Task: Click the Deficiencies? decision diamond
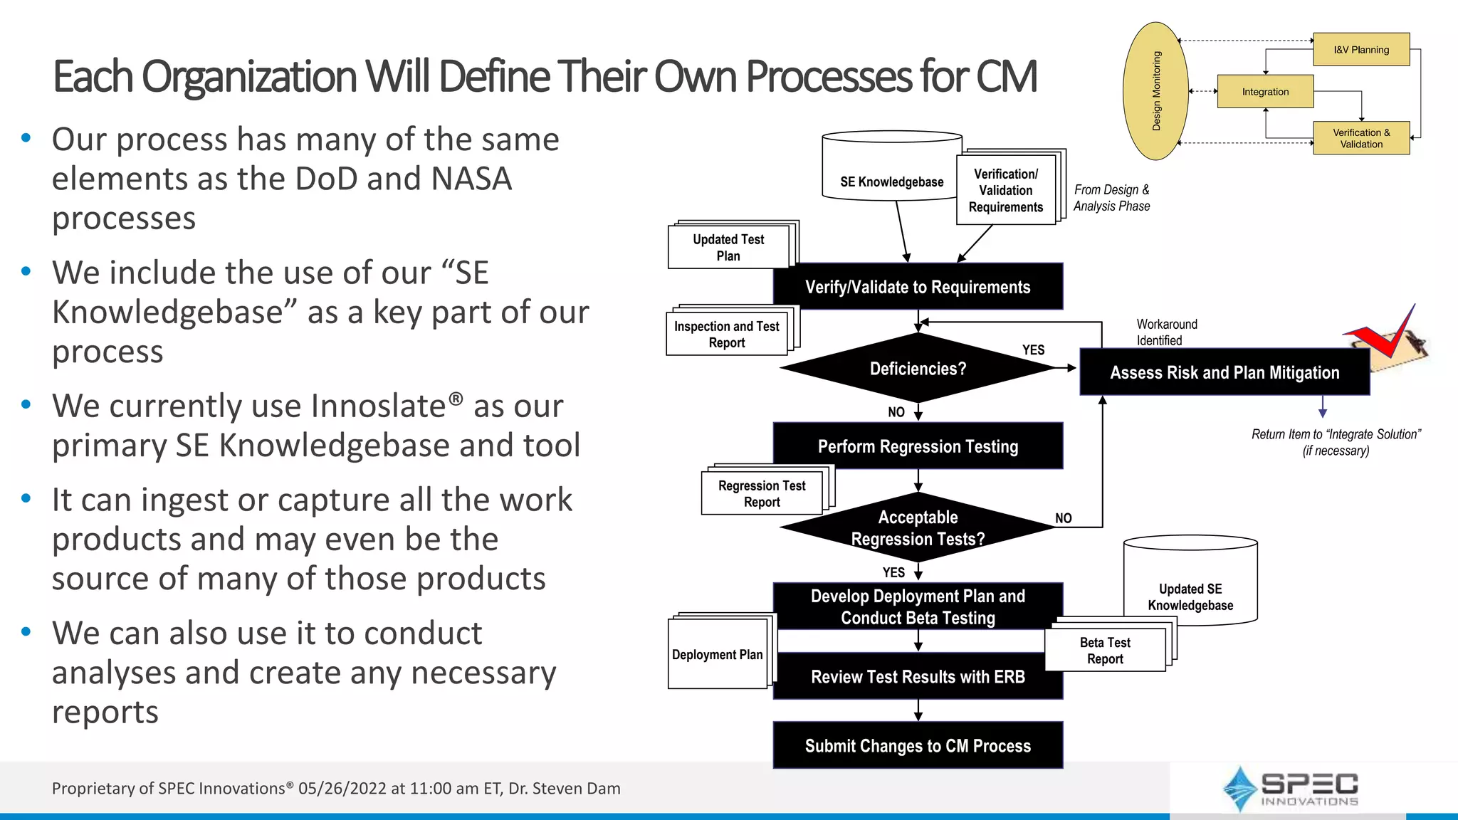tap(918, 369)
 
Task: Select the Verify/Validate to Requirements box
tap(918, 287)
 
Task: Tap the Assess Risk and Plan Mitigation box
tap(1224, 372)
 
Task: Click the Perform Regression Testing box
tap(918, 446)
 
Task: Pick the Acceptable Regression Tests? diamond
tap(918, 528)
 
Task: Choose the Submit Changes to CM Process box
tap(918, 745)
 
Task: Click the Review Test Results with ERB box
tap(918, 677)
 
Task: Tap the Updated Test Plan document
tap(728, 247)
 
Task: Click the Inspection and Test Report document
tap(727, 334)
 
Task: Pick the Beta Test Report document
tap(1105, 651)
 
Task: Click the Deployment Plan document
tap(718, 654)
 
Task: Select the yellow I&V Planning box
tap(1361, 50)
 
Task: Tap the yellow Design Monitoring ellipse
tap(1156, 91)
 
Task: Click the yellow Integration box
tap(1265, 92)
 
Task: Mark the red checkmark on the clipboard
tap(1385, 335)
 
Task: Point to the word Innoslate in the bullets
tap(378, 406)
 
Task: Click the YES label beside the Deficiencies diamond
tap(1033, 349)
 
